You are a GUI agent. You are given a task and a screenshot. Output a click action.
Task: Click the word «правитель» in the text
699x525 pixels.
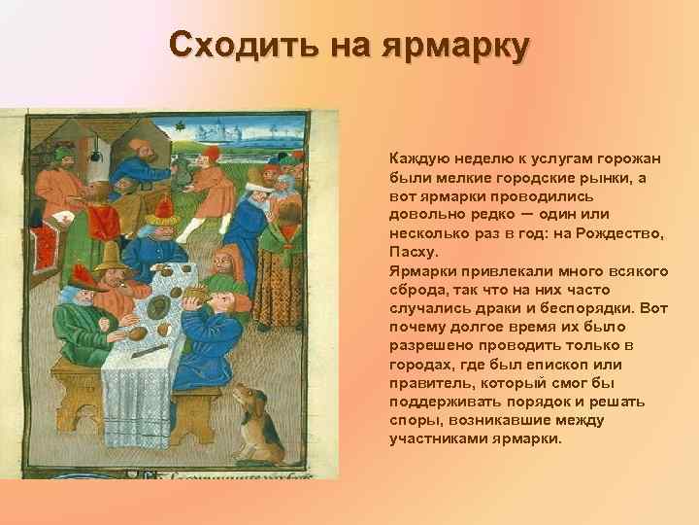(x=428, y=382)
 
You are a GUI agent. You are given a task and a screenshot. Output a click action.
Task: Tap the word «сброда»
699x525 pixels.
(x=418, y=289)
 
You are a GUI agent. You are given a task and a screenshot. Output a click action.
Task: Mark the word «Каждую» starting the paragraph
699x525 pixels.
(x=417, y=159)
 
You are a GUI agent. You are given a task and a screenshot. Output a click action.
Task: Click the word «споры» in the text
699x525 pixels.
(x=414, y=419)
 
